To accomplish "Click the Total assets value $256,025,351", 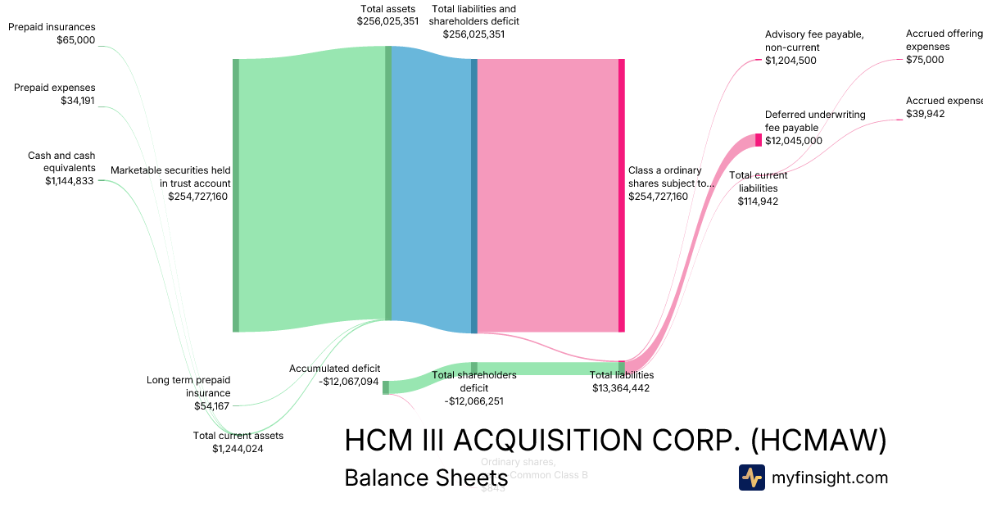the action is click(x=387, y=21).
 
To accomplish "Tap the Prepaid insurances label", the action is click(x=52, y=27).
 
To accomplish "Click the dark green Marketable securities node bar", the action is click(x=236, y=195).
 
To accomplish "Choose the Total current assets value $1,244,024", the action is click(x=238, y=448).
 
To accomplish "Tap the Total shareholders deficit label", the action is click(x=473, y=382).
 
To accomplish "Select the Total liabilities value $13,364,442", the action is click(x=621, y=388).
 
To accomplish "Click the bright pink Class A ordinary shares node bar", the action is click(x=621, y=195).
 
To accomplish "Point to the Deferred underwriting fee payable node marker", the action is click(x=759, y=140).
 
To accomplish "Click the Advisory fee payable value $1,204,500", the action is click(x=790, y=61).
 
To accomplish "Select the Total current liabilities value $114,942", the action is click(x=758, y=201).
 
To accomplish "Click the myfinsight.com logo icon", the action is click(x=751, y=478).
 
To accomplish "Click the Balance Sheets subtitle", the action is click(x=426, y=478).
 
